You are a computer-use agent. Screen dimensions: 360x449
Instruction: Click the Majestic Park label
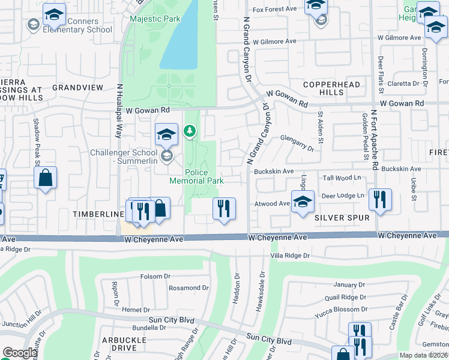tap(155, 19)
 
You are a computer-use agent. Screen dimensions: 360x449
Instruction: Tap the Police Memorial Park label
tap(196, 176)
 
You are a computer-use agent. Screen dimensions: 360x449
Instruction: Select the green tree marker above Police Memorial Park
tap(190, 130)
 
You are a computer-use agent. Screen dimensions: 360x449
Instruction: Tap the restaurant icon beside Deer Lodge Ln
tap(379, 200)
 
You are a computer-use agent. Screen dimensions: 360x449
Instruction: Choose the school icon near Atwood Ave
tap(303, 201)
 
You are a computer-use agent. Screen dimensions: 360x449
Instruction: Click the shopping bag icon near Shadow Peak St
tap(46, 178)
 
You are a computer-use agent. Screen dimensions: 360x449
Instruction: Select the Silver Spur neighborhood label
tap(342, 218)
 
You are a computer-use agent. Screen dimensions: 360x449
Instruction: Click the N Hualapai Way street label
tap(119, 111)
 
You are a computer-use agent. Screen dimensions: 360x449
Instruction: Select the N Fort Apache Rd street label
tap(374, 139)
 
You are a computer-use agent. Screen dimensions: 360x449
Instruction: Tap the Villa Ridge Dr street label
tap(289, 256)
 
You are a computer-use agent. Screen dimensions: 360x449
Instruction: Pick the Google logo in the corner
tap(20, 353)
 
